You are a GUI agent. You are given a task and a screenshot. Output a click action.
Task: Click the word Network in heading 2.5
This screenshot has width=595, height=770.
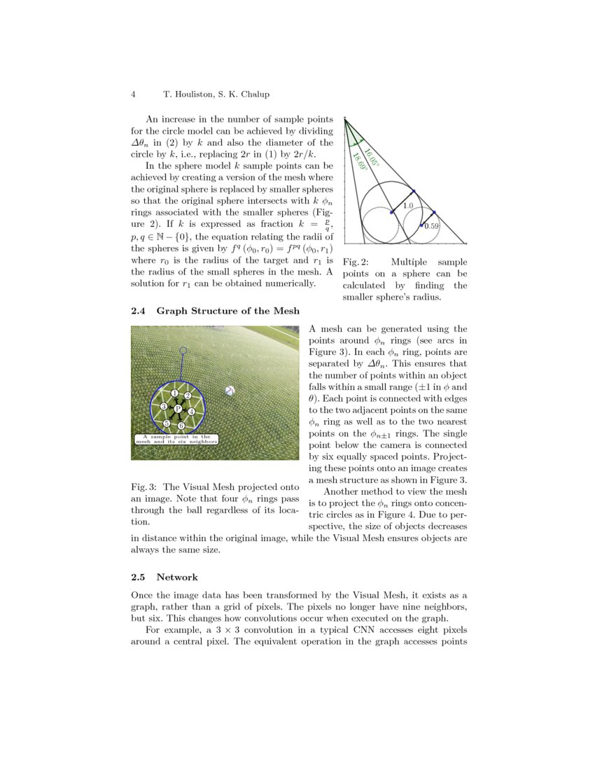click(x=177, y=577)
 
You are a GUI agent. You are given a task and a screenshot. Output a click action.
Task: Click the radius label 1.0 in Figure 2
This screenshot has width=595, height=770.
click(x=408, y=206)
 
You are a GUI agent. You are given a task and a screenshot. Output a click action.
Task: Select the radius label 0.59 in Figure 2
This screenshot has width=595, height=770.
click(x=432, y=226)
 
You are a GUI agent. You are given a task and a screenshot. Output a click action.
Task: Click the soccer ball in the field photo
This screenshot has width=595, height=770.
click(x=230, y=391)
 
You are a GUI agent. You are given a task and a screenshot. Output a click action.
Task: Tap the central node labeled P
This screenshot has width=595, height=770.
click(x=178, y=409)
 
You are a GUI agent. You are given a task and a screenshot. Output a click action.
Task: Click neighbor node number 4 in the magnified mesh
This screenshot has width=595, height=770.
click(x=191, y=412)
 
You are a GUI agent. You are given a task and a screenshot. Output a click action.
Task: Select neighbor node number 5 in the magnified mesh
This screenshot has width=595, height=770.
click(x=167, y=423)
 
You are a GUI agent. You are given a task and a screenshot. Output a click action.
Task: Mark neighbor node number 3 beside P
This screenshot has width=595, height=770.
click(x=163, y=407)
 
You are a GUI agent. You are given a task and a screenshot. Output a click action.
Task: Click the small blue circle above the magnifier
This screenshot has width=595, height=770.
click(x=183, y=350)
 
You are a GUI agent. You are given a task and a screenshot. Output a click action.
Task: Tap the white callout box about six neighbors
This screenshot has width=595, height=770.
click(x=177, y=440)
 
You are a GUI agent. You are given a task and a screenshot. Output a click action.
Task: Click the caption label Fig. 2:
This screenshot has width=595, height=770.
click(x=354, y=262)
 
